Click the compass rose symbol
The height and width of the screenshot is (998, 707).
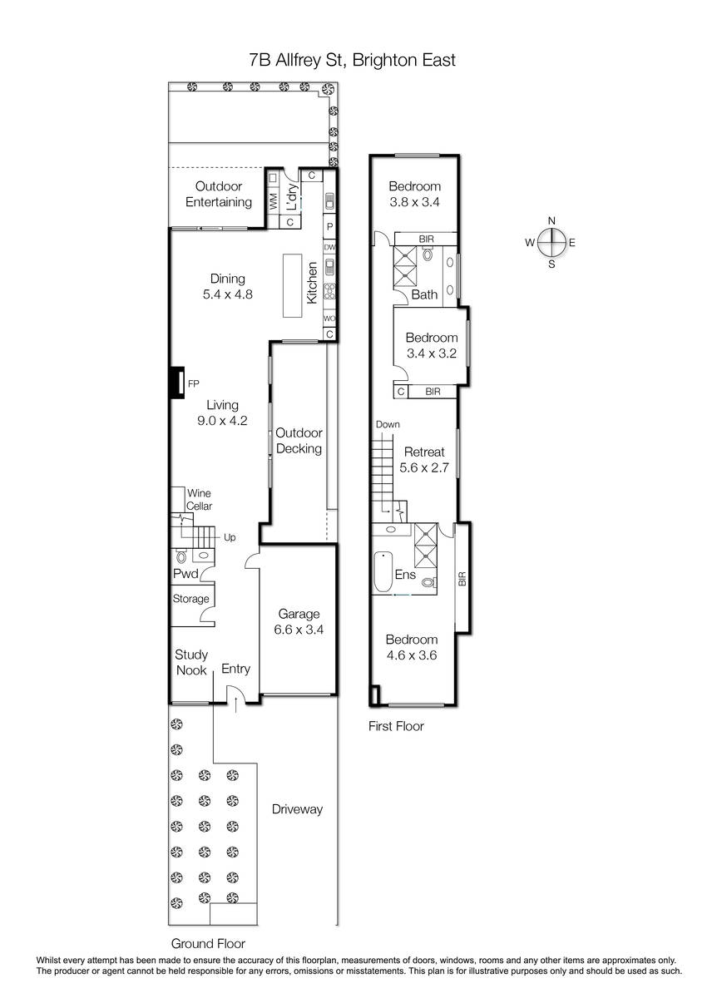pyautogui.click(x=551, y=243)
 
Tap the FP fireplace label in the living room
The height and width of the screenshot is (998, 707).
pyautogui.click(x=193, y=383)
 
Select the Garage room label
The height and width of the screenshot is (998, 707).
pyautogui.click(x=299, y=614)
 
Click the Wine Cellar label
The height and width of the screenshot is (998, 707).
pyautogui.click(x=199, y=500)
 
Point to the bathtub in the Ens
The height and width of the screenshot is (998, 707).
pyautogui.click(x=383, y=571)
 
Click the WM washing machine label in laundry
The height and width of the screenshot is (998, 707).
pyautogui.click(x=274, y=202)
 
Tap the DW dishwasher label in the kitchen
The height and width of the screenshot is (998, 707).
pyautogui.click(x=329, y=247)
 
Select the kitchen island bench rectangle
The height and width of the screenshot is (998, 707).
pyautogui.click(x=292, y=285)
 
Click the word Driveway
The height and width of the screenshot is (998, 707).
pyautogui.click(x=297, y=809)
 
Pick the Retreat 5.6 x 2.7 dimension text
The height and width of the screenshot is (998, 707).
pyautogui.click(x=424, y=467)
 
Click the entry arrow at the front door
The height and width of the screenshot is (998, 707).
pyautogui.click(x=235, y=706)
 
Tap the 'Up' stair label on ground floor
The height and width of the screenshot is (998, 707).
pyautogui.click(x=230, y=537)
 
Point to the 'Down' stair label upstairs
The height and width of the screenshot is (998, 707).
pyautogui.click(x=388, y=424)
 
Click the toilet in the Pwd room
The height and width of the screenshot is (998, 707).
pyautogui.click(x=181, y=556)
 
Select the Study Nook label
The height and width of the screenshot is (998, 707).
pyautogui.click(x=191, y=663)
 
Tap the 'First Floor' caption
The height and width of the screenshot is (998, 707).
pyautogui.click(x=396, y=726)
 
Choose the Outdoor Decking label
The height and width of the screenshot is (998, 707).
pyautogui.click(x=299, y=441)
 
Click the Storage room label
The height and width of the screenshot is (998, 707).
pyautogui.click(x=190, y=599)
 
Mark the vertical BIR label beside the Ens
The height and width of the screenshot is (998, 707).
pyautogui.click(x=462, y=578)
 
